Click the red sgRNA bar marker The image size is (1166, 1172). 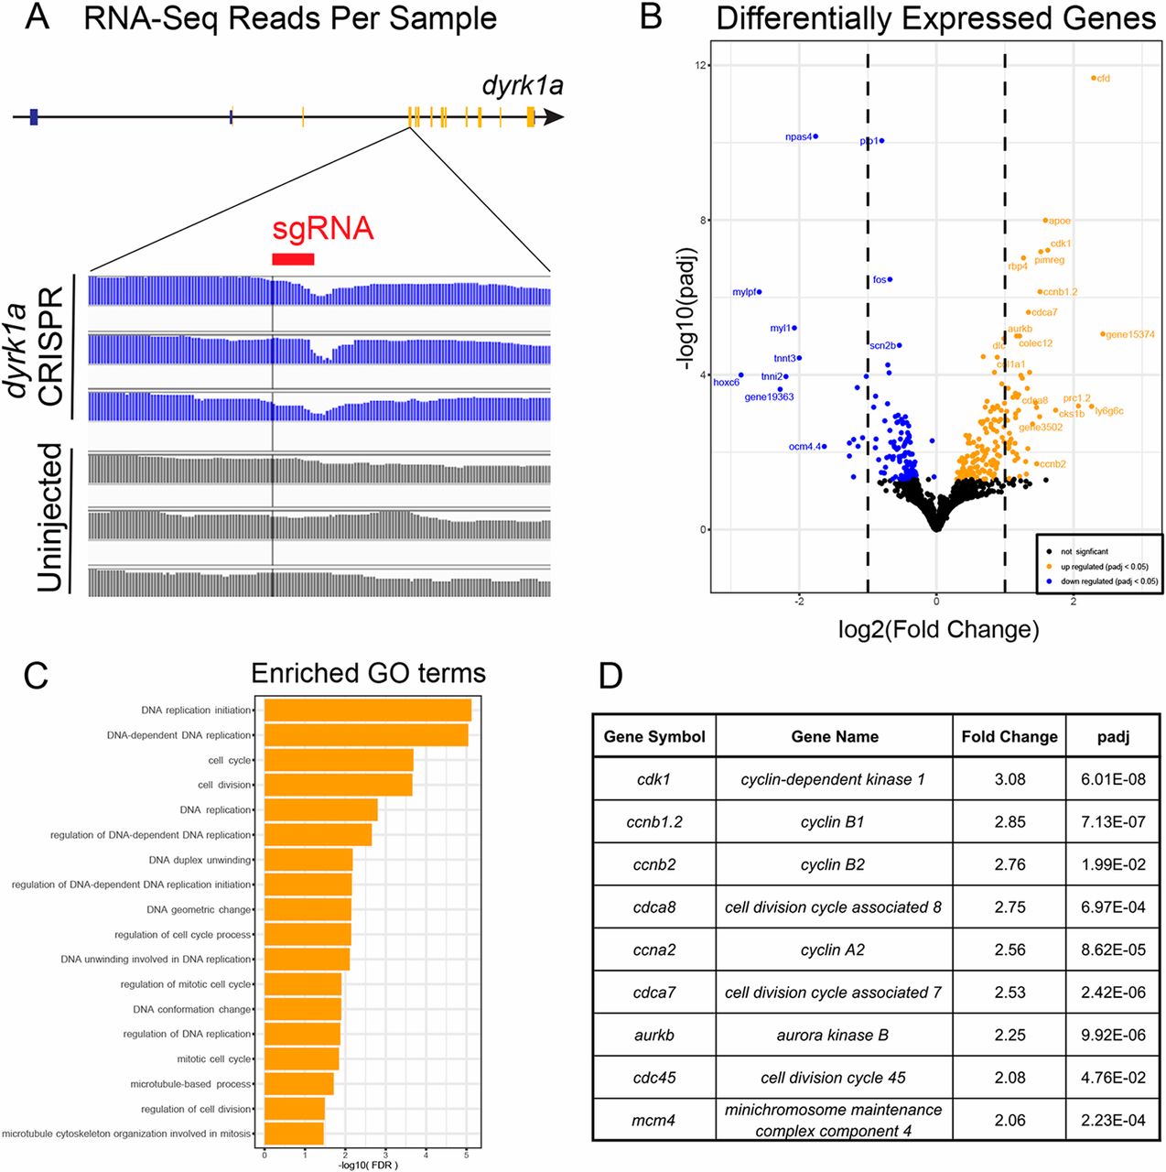[x=293, y=259]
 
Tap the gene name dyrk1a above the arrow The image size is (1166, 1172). [x=523, y=87]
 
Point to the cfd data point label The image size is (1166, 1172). [x=1103, y=79]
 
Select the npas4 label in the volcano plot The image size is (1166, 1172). [x=798, y=137]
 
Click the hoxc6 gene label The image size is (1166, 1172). [x=727, y=383]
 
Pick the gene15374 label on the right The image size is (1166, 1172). [x=1130, y=335]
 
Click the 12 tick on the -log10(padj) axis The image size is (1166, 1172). [x=701, y=65]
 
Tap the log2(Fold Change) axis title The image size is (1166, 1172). [x=938, y=629]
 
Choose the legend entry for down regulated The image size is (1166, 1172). [x=1108, y=581]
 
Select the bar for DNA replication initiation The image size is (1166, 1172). [x=367, y=711]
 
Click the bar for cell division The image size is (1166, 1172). [x=338, y=785]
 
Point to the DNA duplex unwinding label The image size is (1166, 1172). [x=200, y=860]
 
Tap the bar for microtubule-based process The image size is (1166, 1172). [x=298, y=1084]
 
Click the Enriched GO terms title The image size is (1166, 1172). [x=368, y=674]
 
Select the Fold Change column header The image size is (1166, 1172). [x=1009, y=736]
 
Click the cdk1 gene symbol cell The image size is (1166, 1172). [x=653, y=779]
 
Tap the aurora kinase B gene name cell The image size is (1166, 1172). [x=833, y=1035]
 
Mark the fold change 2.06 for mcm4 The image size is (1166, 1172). [x=1009, y=1120]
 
